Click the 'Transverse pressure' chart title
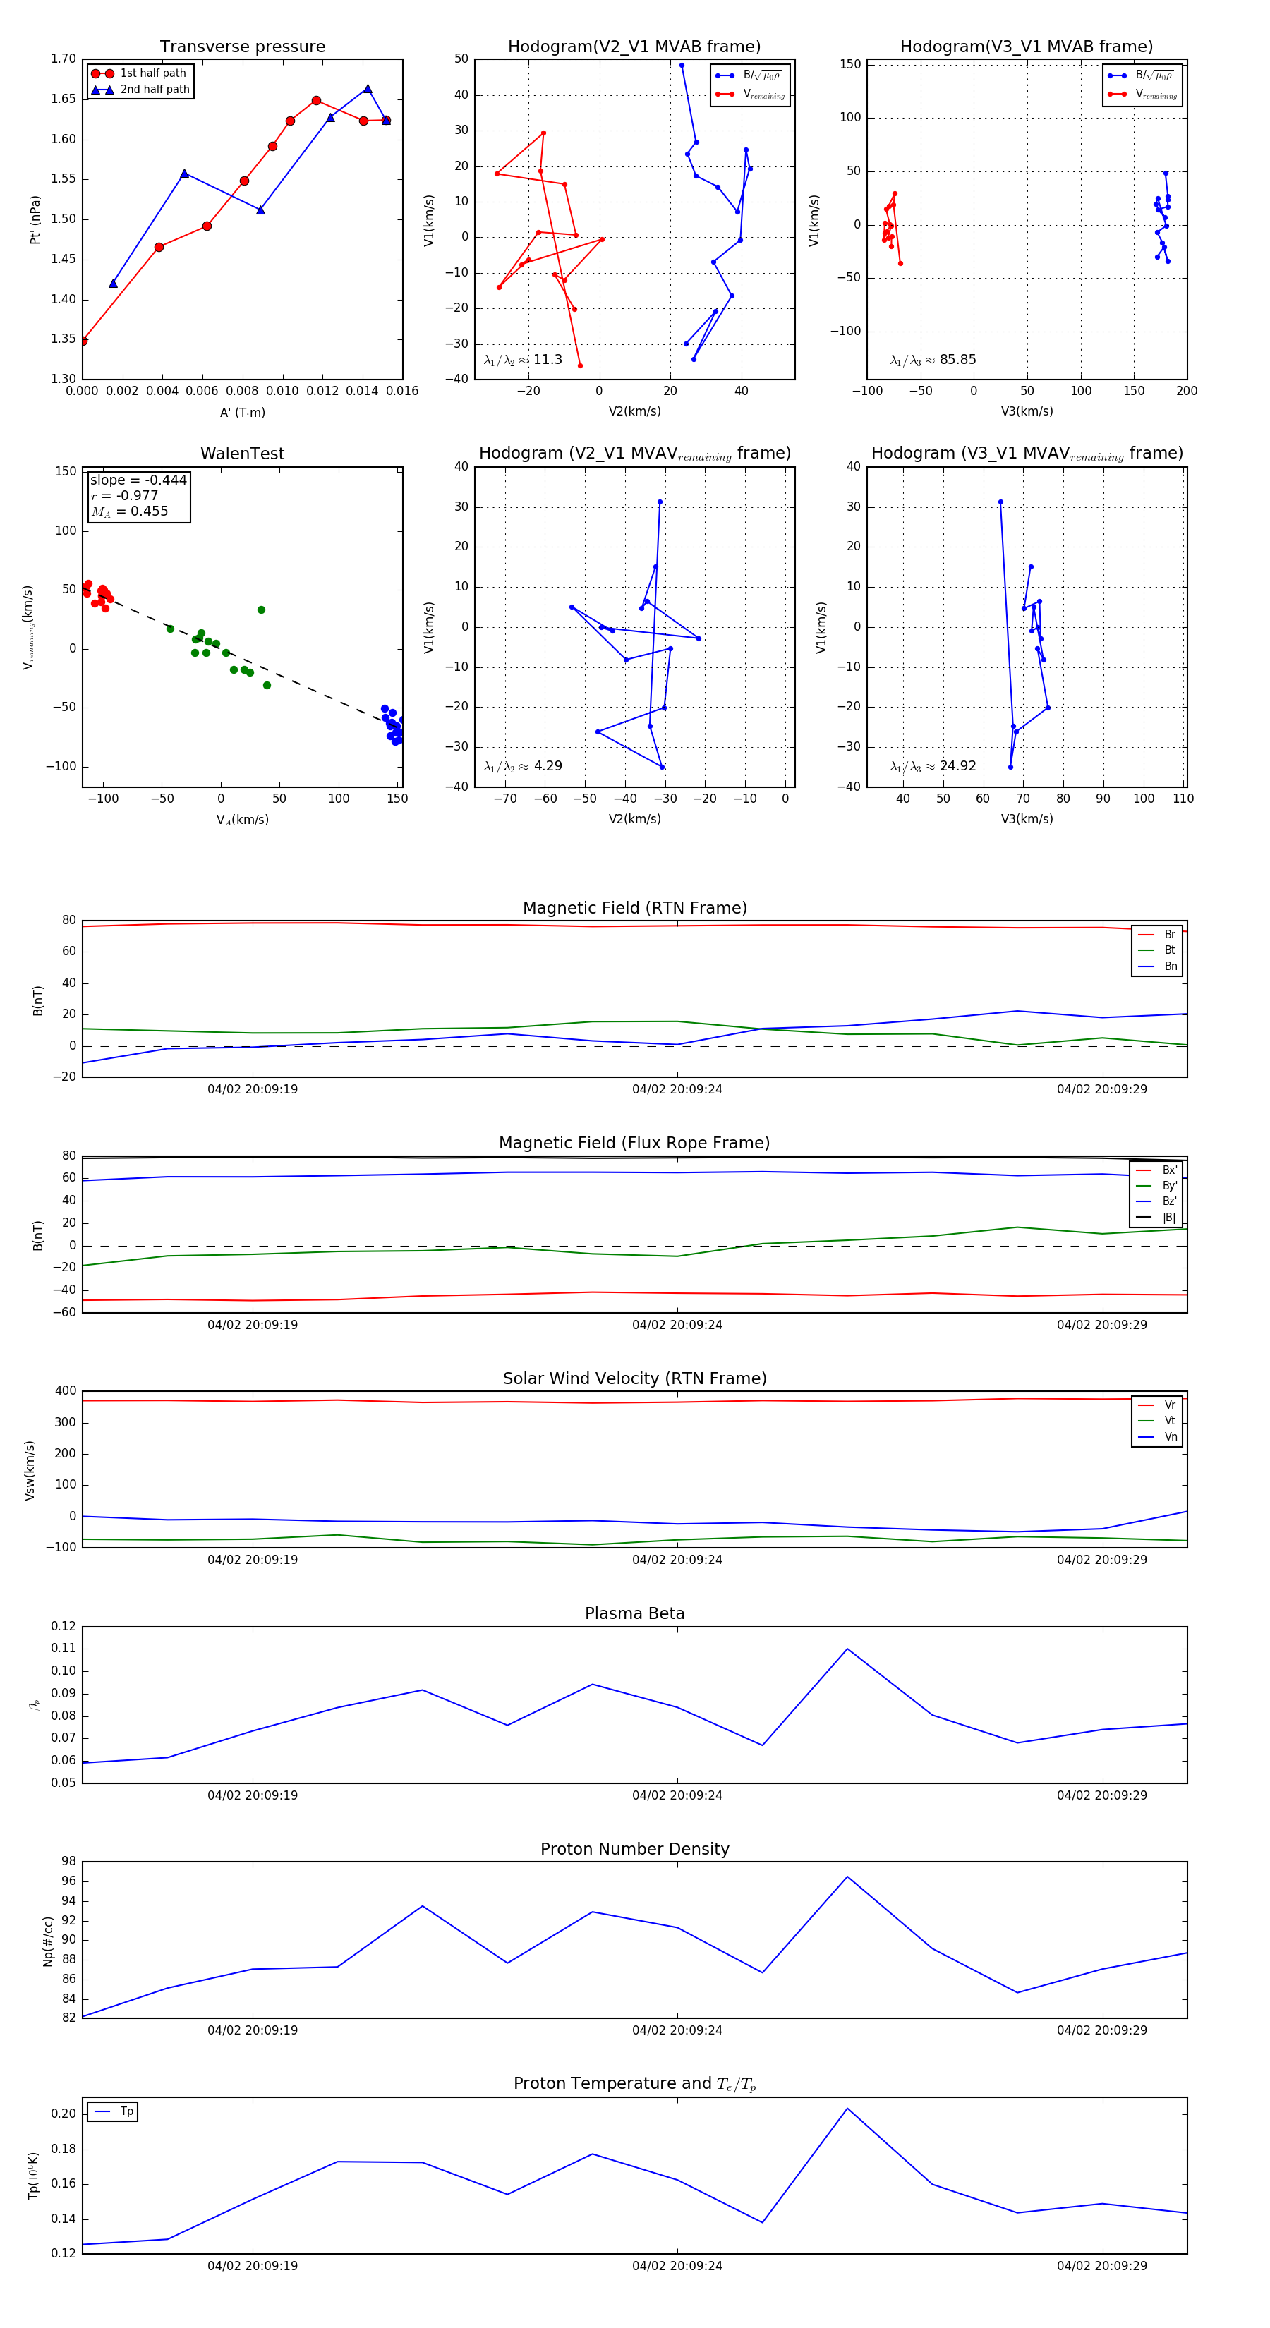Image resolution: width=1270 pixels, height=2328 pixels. (x=242, y=47)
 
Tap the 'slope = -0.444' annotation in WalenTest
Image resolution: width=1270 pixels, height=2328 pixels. (x=138, y=480)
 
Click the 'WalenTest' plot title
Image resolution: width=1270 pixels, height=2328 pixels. (x=242, y=454)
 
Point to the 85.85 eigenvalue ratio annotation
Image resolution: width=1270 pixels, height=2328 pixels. (x=933, y=360)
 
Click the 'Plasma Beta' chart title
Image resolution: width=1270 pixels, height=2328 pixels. (x=634, y=1613)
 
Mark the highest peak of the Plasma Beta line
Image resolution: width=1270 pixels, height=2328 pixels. (x=847, y=1649)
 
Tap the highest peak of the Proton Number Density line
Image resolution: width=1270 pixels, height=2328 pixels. (x=847, y=1877)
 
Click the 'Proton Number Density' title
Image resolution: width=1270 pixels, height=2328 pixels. (x=634, y=1849)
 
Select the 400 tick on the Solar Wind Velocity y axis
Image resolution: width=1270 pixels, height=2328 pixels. (x=65, y=1391)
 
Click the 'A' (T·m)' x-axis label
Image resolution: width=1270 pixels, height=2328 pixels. (x=242, y=413)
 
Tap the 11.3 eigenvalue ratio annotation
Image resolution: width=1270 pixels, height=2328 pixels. (x=524, y=360)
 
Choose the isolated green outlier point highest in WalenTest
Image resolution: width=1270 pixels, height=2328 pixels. (x=261, y=610)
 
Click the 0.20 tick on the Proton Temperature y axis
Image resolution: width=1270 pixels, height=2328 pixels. (x=64, y=2114)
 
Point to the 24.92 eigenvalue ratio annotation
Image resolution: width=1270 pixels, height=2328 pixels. (x=933, y=766)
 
